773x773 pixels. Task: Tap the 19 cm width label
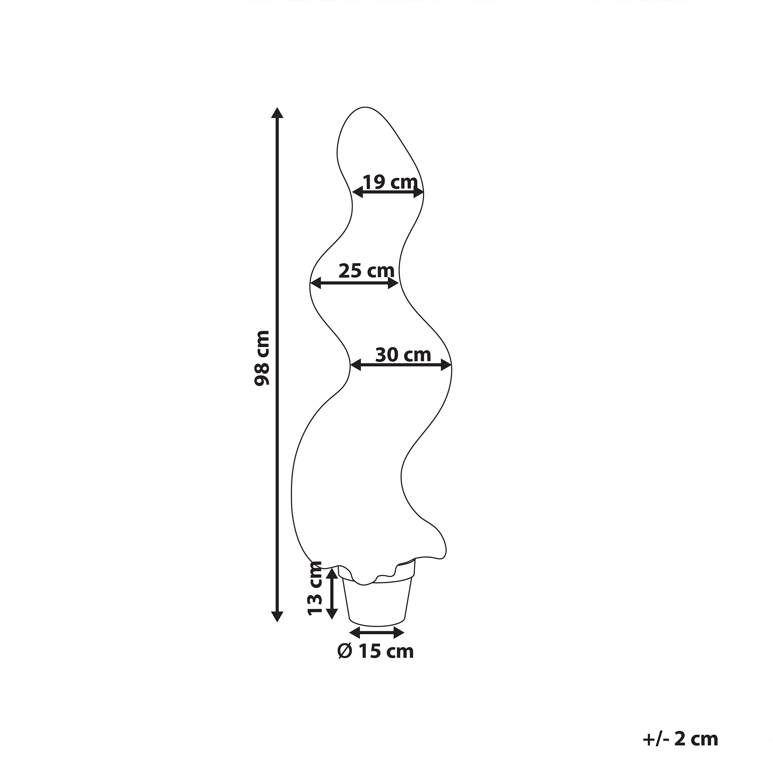coord(390,182)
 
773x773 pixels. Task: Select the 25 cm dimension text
coord(366,271)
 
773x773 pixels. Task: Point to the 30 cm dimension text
coord(403,354)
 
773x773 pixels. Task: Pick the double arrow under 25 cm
coord(354,283)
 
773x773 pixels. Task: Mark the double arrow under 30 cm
coord(401,364)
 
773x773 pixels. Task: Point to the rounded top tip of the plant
coord(363,109)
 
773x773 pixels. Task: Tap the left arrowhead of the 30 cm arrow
coord(355,364)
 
